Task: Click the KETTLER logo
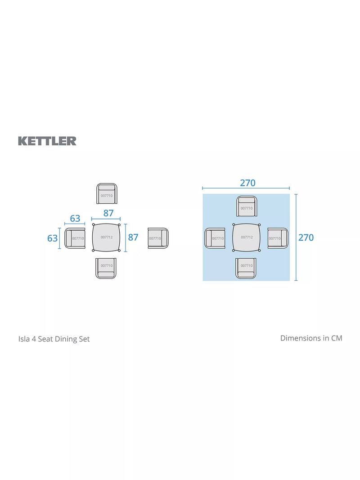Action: click(47, 141)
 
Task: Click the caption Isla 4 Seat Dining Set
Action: click(54, 339)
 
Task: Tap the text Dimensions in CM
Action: click(311, 338)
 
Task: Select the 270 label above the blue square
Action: click(247, 183)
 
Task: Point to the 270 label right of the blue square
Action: click(306, 238)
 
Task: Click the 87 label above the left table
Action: click(108, 213)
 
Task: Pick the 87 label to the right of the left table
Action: click(133, 237)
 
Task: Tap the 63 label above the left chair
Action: click(75, 218)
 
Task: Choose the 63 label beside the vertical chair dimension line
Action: click(52, 238)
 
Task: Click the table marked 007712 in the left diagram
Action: click(106, 237)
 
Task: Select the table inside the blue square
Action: click(247, 237)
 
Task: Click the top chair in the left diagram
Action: click(107, 193)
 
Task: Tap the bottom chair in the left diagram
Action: click(106, 269)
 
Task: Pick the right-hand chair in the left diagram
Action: click(158, 238)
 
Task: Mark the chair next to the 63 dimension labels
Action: click(75, 238)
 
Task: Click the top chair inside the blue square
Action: click(247, 206)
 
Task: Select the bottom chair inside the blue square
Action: click(246, 269)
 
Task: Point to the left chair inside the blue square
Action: click(215, 238)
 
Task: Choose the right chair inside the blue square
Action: click(278, 238)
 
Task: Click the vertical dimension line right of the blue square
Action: click(296, 237)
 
